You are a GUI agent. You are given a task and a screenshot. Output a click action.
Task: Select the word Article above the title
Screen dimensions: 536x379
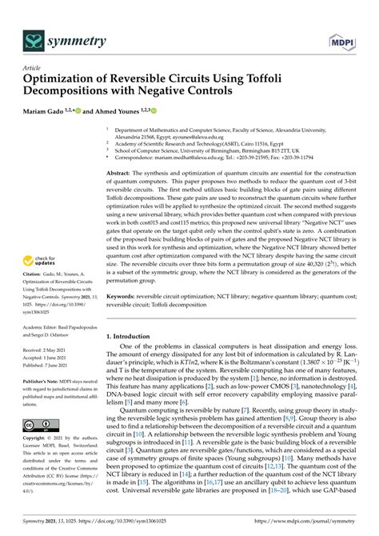[x=32, y=69]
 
